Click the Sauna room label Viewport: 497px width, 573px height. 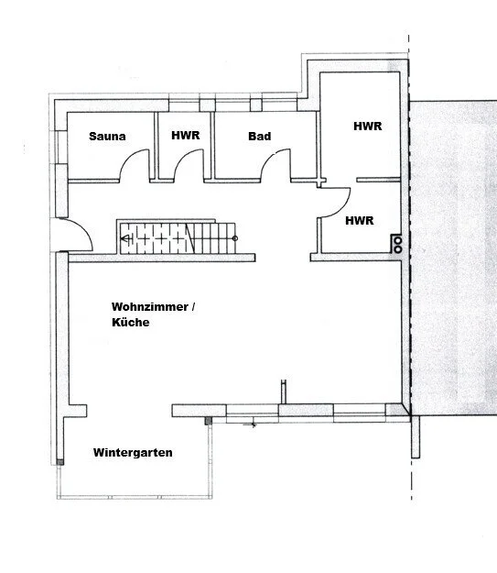(x=107, y=137)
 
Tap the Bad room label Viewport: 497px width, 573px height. (x=259, y=137)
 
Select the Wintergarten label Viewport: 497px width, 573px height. (x=133, y=453)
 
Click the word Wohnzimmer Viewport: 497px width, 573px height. (x=149, y=306)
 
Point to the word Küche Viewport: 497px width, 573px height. (x=131, y=322)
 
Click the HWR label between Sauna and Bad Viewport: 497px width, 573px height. (x=186, y=135)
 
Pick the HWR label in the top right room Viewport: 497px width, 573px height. (x=367, y=127)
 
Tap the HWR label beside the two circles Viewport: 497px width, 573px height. (x=360, y=221)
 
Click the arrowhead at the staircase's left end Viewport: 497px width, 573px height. (x=125, y=239)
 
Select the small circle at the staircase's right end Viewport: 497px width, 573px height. (x=235, y=238)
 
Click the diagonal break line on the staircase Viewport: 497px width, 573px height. (x=189, y=238)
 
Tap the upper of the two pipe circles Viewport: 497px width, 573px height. (x=398, y=241)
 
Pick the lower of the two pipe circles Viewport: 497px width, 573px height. (x=398, y=249)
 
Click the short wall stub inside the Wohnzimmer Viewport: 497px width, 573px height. (x=284, y=391)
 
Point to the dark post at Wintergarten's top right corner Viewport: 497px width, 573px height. (x=209, y=421)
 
